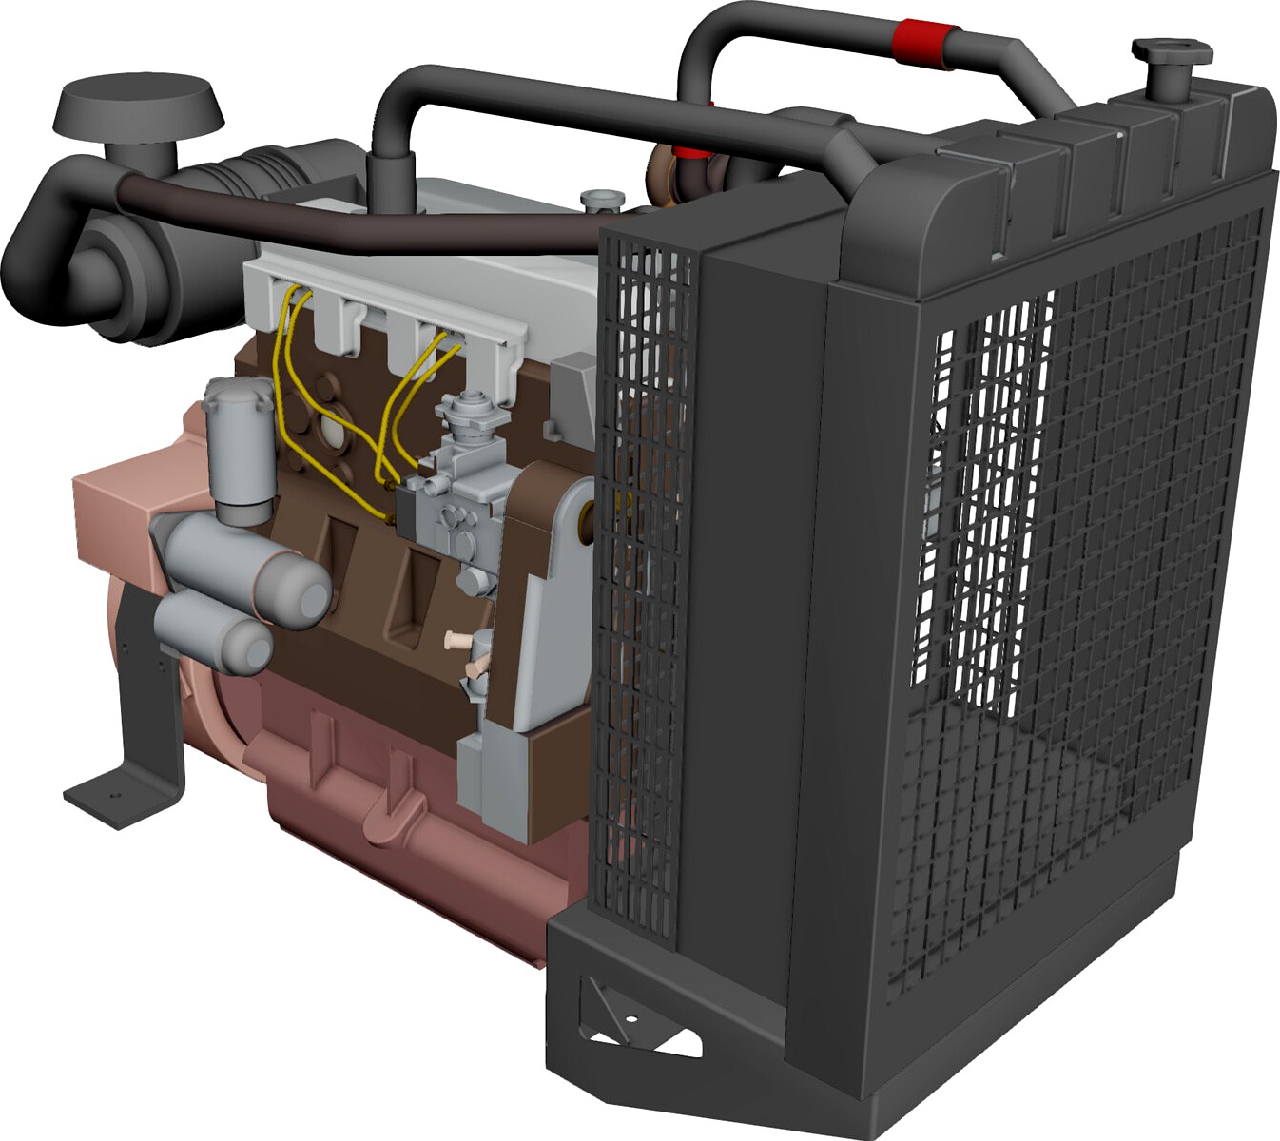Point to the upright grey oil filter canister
(239, 447)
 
